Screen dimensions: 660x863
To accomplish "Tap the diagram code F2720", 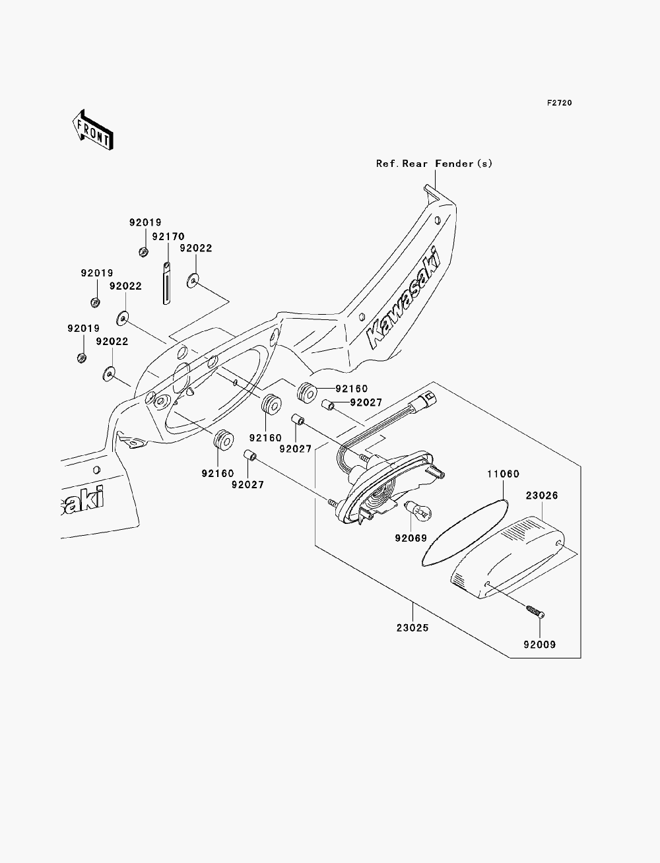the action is click(559, 103).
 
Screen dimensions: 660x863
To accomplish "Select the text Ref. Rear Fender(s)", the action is click(434, 164).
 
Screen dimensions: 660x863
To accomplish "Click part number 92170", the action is click(168, 237).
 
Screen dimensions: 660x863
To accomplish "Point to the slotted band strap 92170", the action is click(167, 283).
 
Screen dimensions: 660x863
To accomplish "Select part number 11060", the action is click(504, 474).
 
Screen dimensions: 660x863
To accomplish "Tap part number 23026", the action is click(542, 495).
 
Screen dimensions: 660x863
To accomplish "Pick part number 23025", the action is click(412, 628).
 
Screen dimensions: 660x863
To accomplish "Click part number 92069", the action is click(411, 538).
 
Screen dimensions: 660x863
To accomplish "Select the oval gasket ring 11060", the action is click(465, 532).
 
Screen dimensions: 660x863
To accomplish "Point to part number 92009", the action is click(540, 645).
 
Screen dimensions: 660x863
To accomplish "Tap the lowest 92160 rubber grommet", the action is click(223, 440).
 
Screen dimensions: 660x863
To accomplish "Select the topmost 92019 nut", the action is click(144, 251).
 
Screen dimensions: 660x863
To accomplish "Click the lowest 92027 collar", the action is click(250, 456).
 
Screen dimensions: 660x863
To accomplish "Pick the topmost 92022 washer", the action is click(193, 280).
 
